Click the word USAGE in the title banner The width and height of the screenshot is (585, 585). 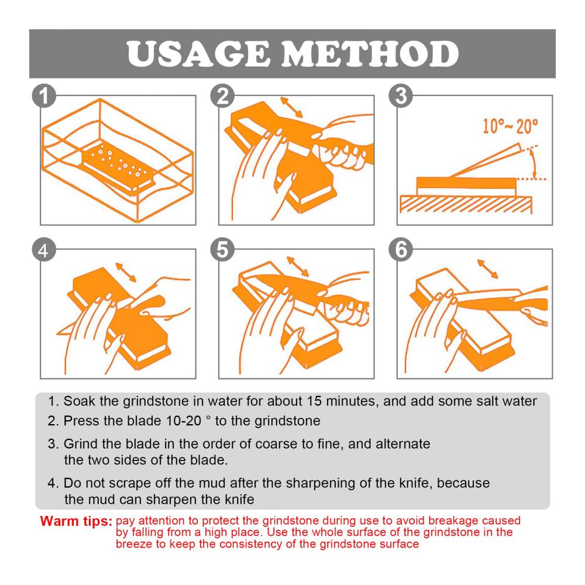(198, 54)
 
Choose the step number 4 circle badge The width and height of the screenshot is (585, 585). (44, 249)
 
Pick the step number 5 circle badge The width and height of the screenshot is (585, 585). (222, 249)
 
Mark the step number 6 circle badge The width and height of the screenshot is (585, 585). (401, 249)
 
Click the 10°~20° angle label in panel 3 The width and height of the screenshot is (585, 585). (510, 126)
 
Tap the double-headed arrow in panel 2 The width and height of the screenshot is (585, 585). (291, 108)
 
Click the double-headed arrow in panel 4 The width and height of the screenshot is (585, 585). (126, 273)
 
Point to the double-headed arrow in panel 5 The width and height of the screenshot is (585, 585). (298, 266)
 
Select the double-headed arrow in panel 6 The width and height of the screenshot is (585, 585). (488, 269)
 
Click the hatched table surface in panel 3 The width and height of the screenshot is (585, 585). (466, 204)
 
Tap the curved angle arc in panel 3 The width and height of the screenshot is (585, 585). (534, 163)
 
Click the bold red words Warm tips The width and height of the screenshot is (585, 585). (76, 521)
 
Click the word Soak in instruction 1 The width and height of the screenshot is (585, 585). (80, 401)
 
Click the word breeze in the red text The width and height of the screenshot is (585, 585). (135, 544)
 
